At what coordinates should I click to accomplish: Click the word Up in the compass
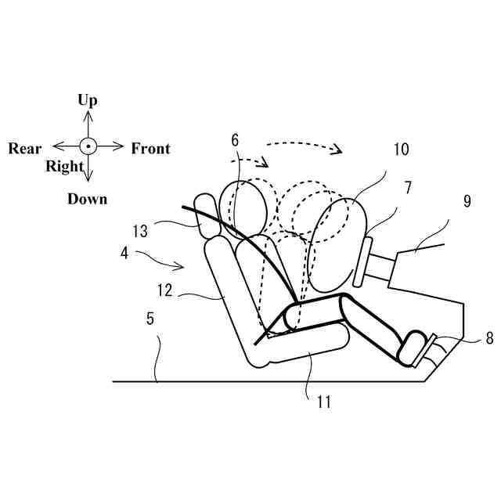88,99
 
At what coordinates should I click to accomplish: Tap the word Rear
25,149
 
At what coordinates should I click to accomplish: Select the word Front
150,149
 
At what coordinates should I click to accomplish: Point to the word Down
87,199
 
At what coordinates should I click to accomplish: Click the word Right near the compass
64,166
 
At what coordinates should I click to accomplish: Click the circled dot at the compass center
88,146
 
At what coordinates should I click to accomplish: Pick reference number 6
235,140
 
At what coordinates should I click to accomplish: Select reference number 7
408,187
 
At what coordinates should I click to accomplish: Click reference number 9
467,201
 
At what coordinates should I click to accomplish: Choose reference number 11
324,402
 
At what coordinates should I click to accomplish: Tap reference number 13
140,231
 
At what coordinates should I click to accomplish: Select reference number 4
124,253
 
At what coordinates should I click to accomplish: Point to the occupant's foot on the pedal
413,349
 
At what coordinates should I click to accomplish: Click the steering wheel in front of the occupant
362,263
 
